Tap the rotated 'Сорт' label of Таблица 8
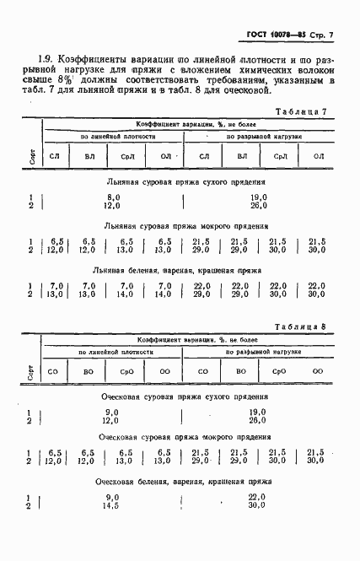[x=31, y=369]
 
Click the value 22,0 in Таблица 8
[x=258, y=498]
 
